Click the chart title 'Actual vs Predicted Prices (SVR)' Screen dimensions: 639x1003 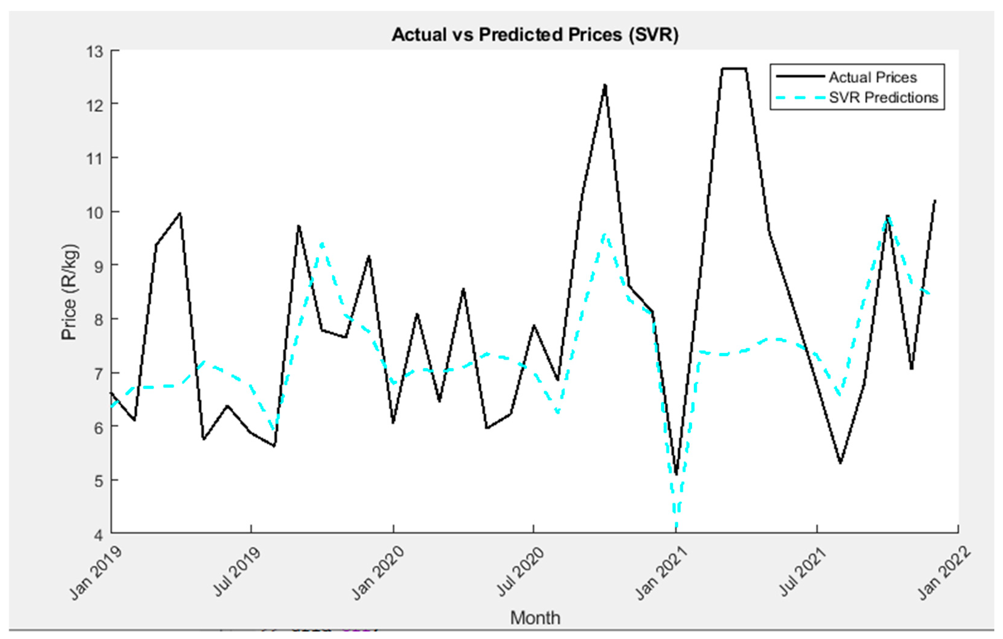(535, 35)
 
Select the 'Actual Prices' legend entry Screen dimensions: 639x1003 (873, 77)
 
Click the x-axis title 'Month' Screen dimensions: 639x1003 (535, 618)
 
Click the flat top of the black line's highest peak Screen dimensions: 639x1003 (734, 69)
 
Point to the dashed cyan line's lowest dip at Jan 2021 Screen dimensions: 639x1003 (676, 525)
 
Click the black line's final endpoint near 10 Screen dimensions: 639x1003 (935, 201)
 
